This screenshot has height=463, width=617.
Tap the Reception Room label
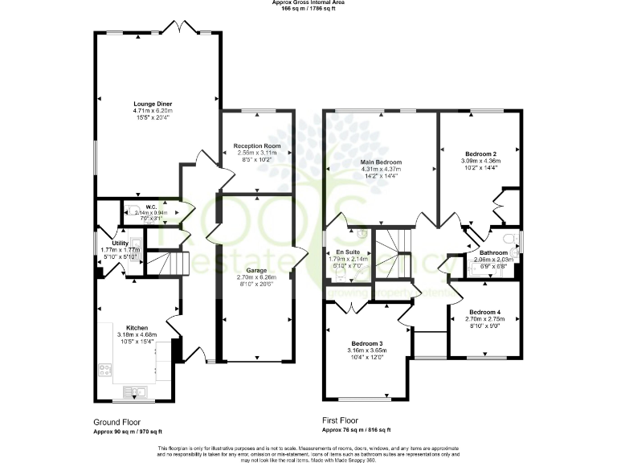(x=255, y=145)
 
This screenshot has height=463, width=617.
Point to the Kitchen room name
(x=137, y=328)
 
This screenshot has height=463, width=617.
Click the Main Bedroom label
(x=381, y=162)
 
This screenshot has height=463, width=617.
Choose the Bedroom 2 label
(x=480, y=154)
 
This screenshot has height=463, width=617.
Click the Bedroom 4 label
(x=484, y=312)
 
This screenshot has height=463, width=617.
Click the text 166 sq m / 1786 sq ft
(x=308, y=9)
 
